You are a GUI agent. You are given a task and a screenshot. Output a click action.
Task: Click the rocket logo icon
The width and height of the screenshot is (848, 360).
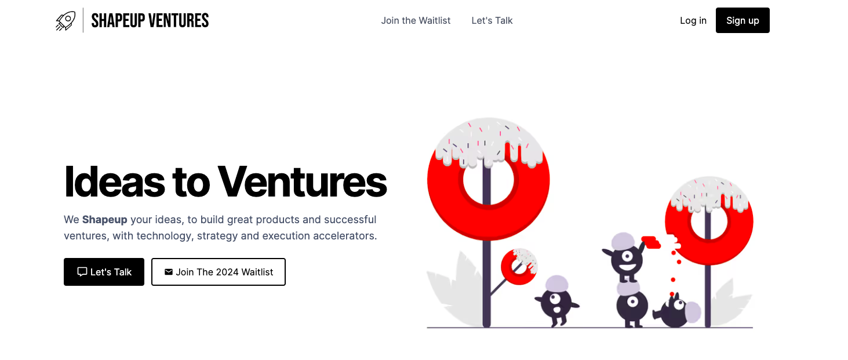click(65, 21)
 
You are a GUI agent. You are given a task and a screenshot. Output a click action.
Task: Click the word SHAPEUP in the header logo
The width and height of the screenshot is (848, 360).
click(118, 21)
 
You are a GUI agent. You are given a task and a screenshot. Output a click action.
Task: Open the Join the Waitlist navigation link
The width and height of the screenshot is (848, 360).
click(416, 21)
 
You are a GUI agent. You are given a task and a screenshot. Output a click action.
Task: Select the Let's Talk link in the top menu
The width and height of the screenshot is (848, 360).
click(492, 21)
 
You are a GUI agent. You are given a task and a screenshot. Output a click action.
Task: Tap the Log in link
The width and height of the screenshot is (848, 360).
click(693, 21)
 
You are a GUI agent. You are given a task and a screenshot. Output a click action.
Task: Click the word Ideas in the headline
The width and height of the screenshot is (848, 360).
click(108, 181)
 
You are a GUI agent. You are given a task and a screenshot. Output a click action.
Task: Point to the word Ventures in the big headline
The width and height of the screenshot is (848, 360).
click(302, 181)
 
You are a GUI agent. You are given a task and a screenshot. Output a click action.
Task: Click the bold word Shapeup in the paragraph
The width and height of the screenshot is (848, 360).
click(104, 220)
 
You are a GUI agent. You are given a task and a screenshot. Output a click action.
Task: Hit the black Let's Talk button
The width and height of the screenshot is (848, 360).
click(104, 272)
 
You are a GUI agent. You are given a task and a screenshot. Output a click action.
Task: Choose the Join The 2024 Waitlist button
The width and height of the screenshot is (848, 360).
click(219, 272)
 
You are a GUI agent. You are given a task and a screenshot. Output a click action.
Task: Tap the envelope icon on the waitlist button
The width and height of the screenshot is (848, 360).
click(169, 272)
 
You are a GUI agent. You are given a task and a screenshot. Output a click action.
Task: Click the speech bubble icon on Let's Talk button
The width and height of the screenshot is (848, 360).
click(82, 272)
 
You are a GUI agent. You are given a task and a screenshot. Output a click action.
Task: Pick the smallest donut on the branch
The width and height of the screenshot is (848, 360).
click(519, 267)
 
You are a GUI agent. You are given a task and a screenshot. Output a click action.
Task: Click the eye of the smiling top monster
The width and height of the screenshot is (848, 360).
click(627, 257)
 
